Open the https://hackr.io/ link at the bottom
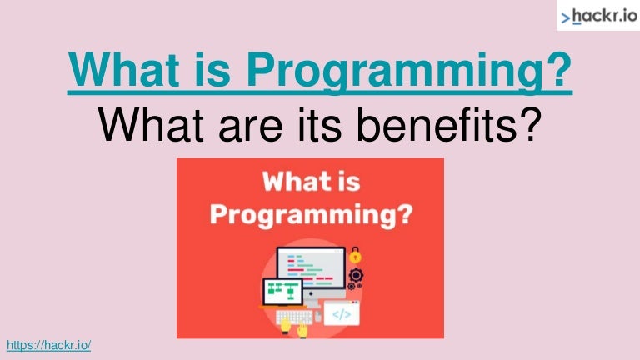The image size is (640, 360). click(48, 345)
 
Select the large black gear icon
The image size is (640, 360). click(356, 274)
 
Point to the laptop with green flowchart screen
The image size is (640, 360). click(283, 292)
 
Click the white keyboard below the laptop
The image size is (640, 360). click(293, 317)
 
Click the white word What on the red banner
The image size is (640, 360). click(292, 181)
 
